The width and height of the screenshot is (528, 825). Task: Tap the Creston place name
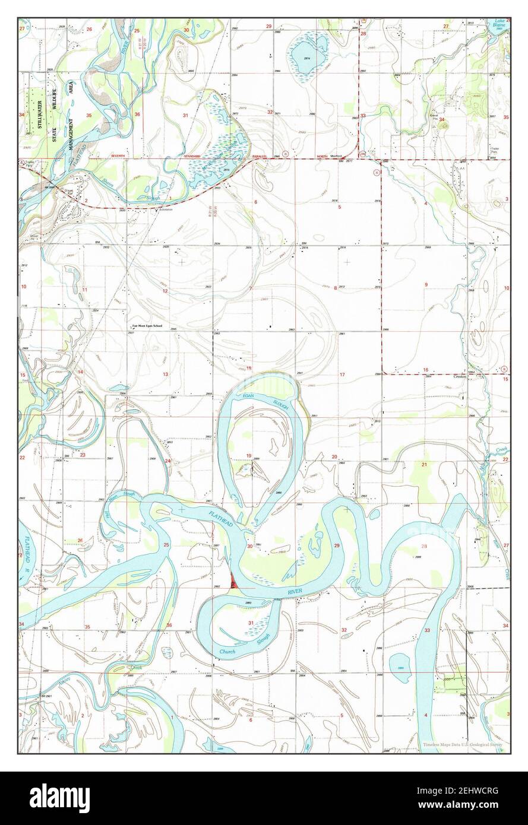[462, 376]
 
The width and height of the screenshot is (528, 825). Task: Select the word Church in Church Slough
[227, 652]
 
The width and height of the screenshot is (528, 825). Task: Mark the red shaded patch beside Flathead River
[233, 583]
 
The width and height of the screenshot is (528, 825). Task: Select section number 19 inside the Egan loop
[248, 455]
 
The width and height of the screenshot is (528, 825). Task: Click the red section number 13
[166, 375]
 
